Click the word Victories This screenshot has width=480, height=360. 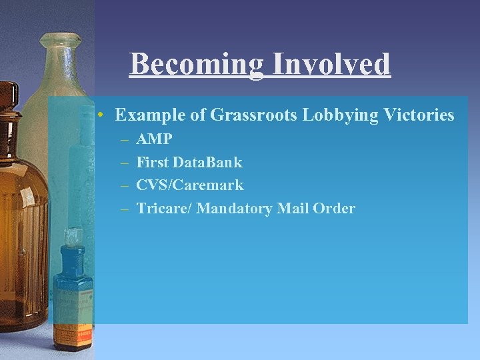(x=419, y=115)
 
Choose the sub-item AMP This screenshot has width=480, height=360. (x=154, y=139)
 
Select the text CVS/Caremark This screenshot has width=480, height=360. (x=190, y=185)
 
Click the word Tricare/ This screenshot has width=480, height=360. (x=164, y=208)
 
